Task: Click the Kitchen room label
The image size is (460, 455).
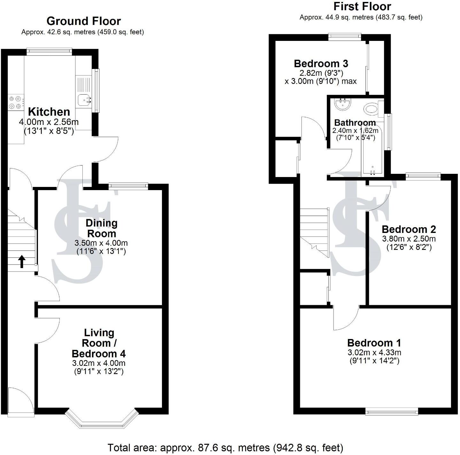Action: click(x=49, y=112)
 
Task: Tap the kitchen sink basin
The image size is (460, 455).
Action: click(x=84, y=100)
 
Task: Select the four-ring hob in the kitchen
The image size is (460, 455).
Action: click(x=16, y=102)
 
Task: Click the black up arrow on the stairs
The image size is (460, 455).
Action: click(x=21, y=261)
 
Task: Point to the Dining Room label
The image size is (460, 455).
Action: click(x=101, y=228)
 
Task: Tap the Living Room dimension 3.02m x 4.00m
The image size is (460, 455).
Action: click(x=99, y=363)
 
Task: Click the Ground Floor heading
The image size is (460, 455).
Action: click(x=83, y=21)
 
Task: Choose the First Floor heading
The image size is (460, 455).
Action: click(x=362, y=6)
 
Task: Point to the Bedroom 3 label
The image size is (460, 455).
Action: click(x=321, y=63)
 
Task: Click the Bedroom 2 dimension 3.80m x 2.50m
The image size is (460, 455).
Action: click(x=409, y=239)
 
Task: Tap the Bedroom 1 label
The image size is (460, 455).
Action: click(x=374, y=343)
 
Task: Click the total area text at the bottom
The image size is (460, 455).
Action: click(x=225, y=448)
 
